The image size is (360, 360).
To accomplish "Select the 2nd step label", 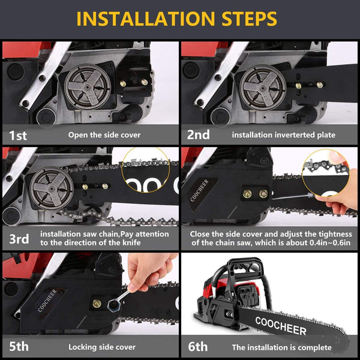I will click(x=197, y=135).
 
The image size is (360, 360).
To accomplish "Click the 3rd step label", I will click(x=19, y=239).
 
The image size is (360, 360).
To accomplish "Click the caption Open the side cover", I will click(x=104, y=135).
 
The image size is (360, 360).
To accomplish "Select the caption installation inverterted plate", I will click(x=284, y=135).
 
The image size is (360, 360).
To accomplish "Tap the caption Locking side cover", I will click(x=102, y=347).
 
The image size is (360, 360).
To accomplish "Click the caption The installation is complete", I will click(x=281, y=347).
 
